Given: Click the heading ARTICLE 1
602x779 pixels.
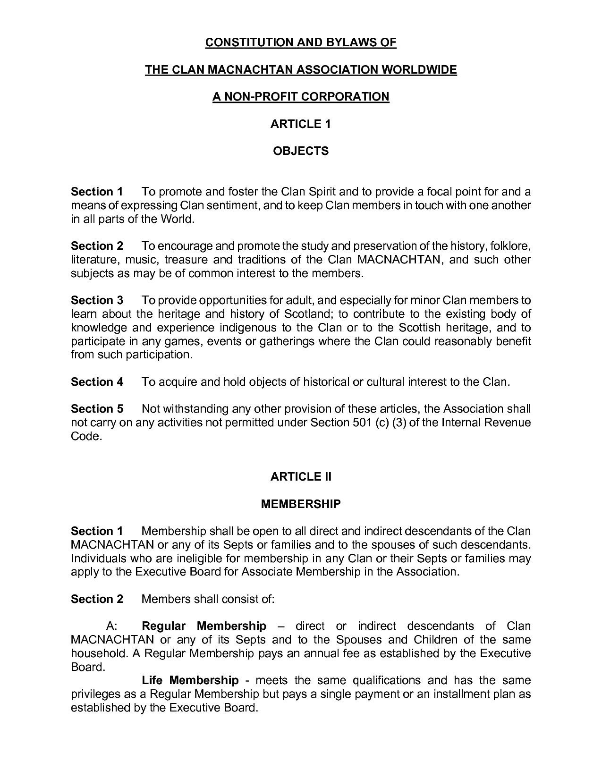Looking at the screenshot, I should [300, 124].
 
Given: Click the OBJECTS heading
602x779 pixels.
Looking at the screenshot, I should [301, 151].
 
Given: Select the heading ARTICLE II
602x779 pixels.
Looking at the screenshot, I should [301, 477].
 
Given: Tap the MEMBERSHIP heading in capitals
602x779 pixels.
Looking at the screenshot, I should [301, 504].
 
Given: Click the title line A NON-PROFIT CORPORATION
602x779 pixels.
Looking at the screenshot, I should [301, 97].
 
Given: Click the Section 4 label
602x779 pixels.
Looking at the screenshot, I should [97, 382].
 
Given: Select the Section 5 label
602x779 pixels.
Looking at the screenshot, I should [97, 409].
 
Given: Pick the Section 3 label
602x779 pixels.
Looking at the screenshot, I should [97, 300].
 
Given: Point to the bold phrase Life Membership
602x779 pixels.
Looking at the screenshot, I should [190, 680].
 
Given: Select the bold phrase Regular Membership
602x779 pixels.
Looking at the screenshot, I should [204, 626].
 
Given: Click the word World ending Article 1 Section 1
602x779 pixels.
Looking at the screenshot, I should [177, 219].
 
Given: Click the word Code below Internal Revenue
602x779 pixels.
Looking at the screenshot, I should [86, 436].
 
